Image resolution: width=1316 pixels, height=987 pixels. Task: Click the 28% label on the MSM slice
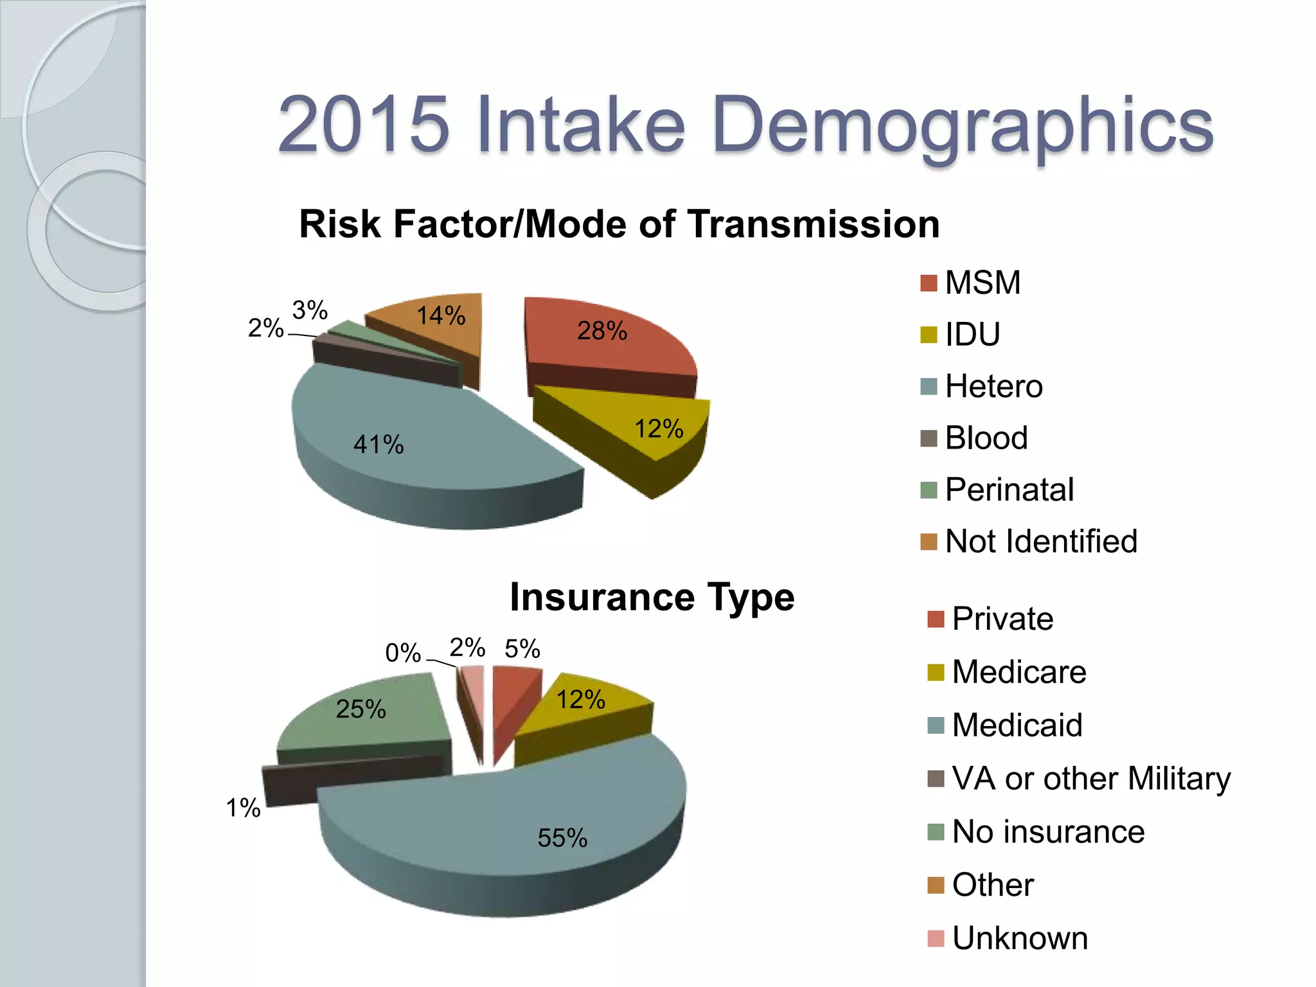click(601, 331)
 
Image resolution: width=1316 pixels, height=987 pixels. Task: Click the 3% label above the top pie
click(310, 310)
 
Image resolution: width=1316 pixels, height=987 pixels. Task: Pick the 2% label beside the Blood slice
click(265, 328)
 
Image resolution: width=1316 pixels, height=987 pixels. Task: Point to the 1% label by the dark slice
click(243, 808)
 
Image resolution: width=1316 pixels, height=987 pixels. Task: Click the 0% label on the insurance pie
click(403, 654)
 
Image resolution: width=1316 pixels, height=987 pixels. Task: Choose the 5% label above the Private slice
click(522, 649)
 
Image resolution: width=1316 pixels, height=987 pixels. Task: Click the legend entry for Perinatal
click(1009, 490)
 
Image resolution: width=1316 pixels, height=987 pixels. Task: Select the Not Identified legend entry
click(1041, 541)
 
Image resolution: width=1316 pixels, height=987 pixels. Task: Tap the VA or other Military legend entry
click(1090, 778)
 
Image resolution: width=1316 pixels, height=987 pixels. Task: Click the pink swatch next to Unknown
click(936, 938)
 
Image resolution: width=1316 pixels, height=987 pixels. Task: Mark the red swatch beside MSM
click(929, 283)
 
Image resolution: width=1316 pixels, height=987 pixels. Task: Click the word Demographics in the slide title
click(962, 125)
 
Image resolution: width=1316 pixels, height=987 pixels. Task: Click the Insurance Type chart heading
click(652, 598)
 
